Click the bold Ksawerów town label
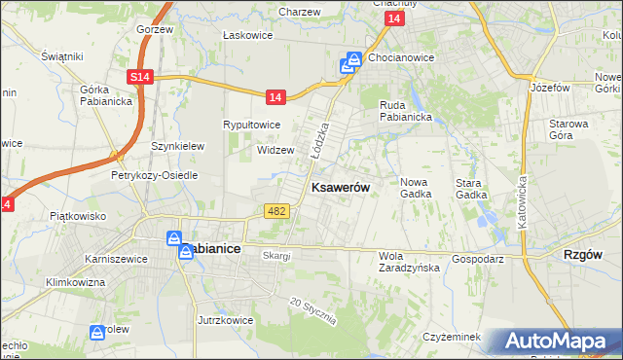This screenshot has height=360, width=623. click(340, 188)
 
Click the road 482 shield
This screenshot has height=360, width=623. click(275, 211)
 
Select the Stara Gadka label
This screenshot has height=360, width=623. click(471, 188)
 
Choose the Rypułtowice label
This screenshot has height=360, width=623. click(252, 125)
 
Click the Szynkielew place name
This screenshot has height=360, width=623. click(177, 146)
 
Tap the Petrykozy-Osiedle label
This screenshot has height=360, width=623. click(155, 175)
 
